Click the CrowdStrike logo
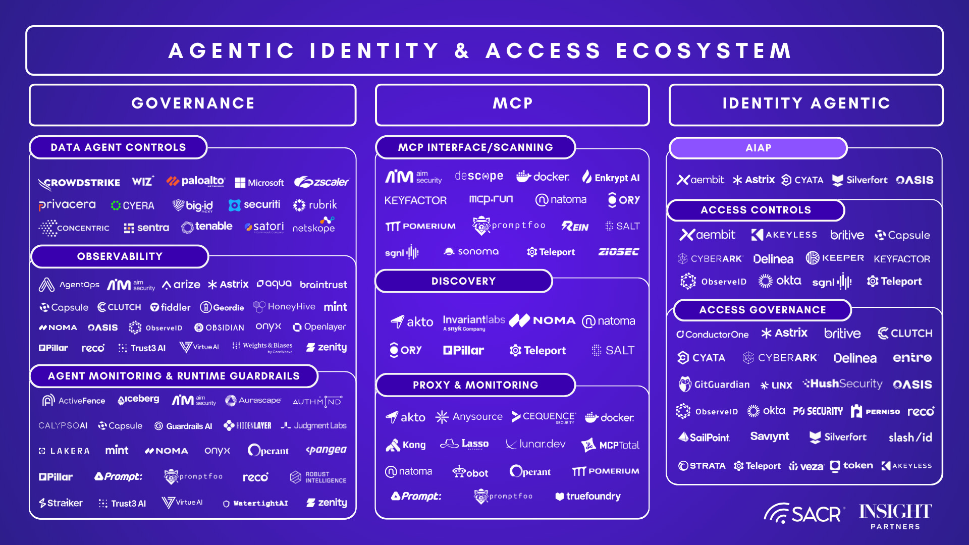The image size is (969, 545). (79, 183)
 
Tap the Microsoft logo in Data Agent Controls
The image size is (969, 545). (259, 183)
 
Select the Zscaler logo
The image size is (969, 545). (321, 182)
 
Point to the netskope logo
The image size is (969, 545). (313, 227)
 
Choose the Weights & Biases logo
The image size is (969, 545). (262, 347)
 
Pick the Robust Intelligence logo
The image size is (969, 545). (318, 477)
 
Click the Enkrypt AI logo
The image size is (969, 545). (611, 178)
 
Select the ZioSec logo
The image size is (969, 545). (618, 252)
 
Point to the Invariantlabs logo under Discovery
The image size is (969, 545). (473, 322)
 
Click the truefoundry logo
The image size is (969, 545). (588, 496)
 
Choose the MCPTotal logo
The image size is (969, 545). (610, 445)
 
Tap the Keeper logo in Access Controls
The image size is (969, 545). (835, 258)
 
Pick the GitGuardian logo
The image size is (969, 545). (714, 385)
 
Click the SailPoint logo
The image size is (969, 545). (704, 438)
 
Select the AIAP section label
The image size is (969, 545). (758, 148)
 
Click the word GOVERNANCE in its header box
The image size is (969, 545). (193, 103)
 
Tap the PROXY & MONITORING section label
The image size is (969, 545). (475, 385)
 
